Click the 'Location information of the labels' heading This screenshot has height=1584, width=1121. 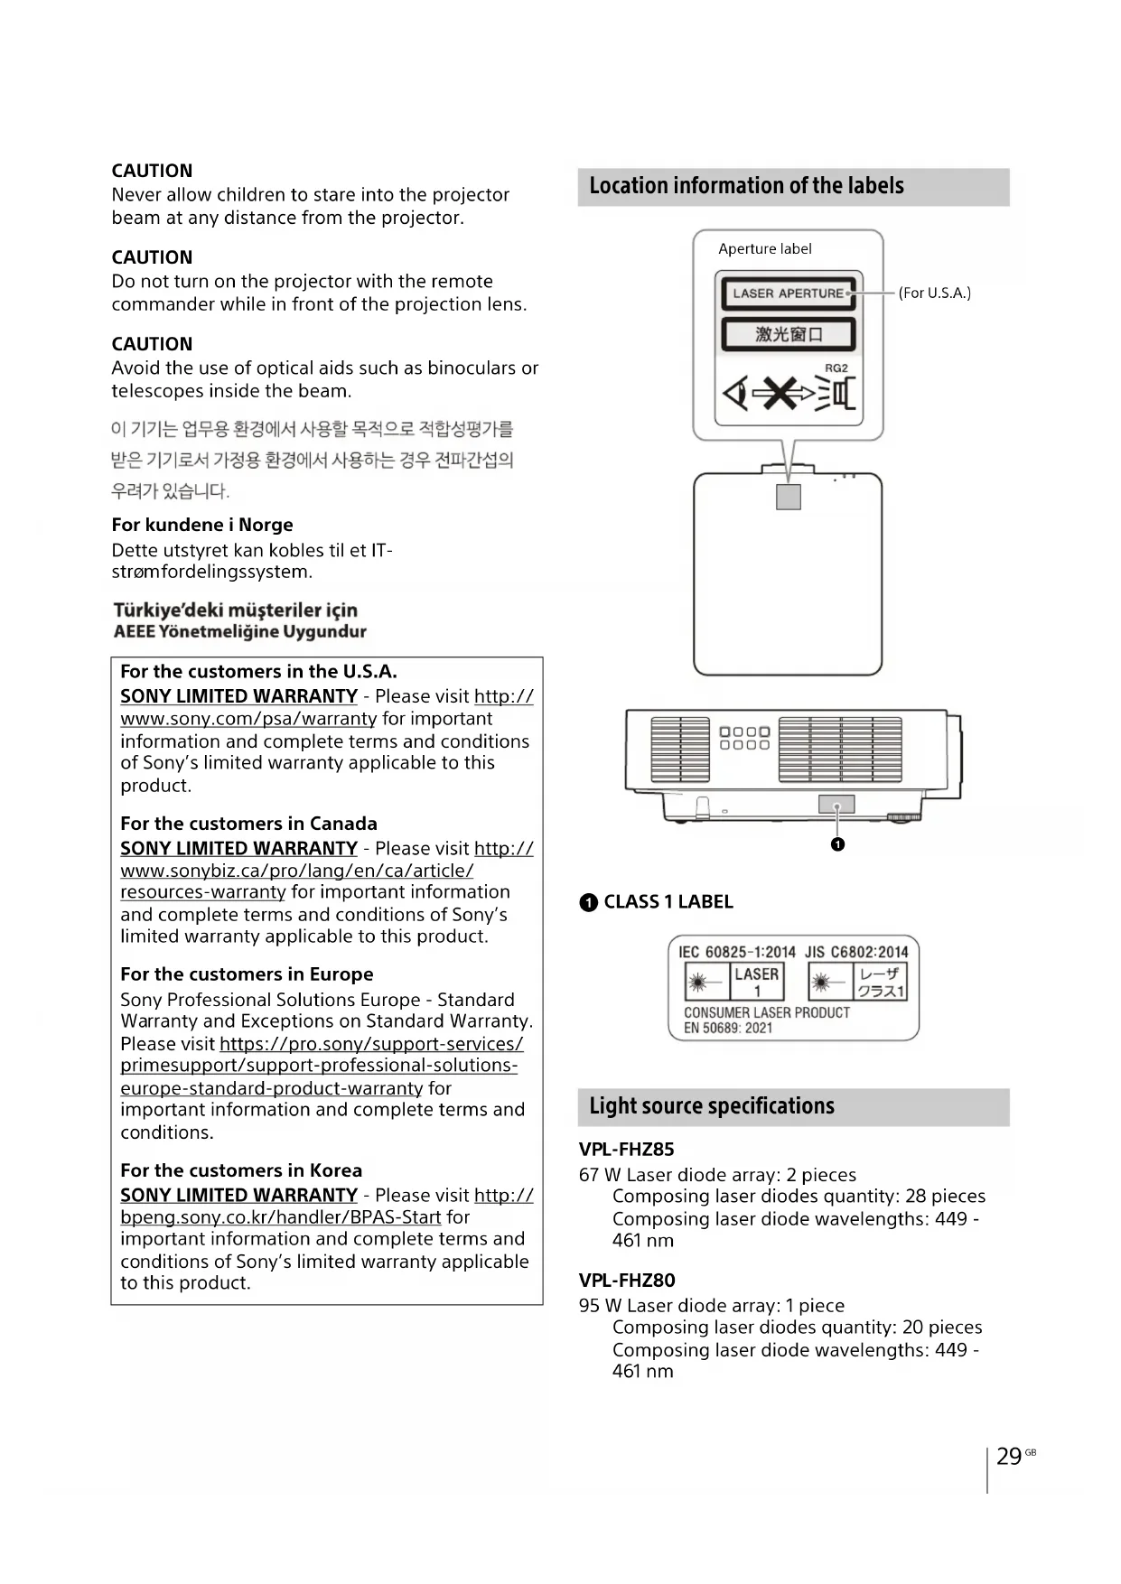746,186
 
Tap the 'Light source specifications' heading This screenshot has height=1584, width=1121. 712,1106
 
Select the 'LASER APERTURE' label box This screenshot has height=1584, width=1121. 788,294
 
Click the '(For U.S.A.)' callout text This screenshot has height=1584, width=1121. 934,293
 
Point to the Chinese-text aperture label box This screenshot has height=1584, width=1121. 788,334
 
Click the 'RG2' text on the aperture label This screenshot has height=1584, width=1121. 836,368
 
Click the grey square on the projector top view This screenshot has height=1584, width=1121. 789,497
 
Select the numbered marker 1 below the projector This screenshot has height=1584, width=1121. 837,844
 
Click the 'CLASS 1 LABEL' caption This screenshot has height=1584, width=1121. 668,901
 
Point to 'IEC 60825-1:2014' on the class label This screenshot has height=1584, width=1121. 737,952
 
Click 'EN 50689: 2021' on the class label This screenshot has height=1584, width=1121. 728,1028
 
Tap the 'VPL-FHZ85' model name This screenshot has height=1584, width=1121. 626,1150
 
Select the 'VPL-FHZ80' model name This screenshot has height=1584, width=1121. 626,1280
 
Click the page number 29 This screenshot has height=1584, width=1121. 1009,1456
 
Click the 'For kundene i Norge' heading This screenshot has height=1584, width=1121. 202,525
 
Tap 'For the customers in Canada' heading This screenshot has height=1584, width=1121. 248,824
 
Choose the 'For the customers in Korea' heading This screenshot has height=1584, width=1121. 241,1170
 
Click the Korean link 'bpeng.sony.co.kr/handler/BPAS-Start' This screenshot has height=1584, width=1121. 281,1217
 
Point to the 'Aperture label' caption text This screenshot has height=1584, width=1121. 764,249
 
